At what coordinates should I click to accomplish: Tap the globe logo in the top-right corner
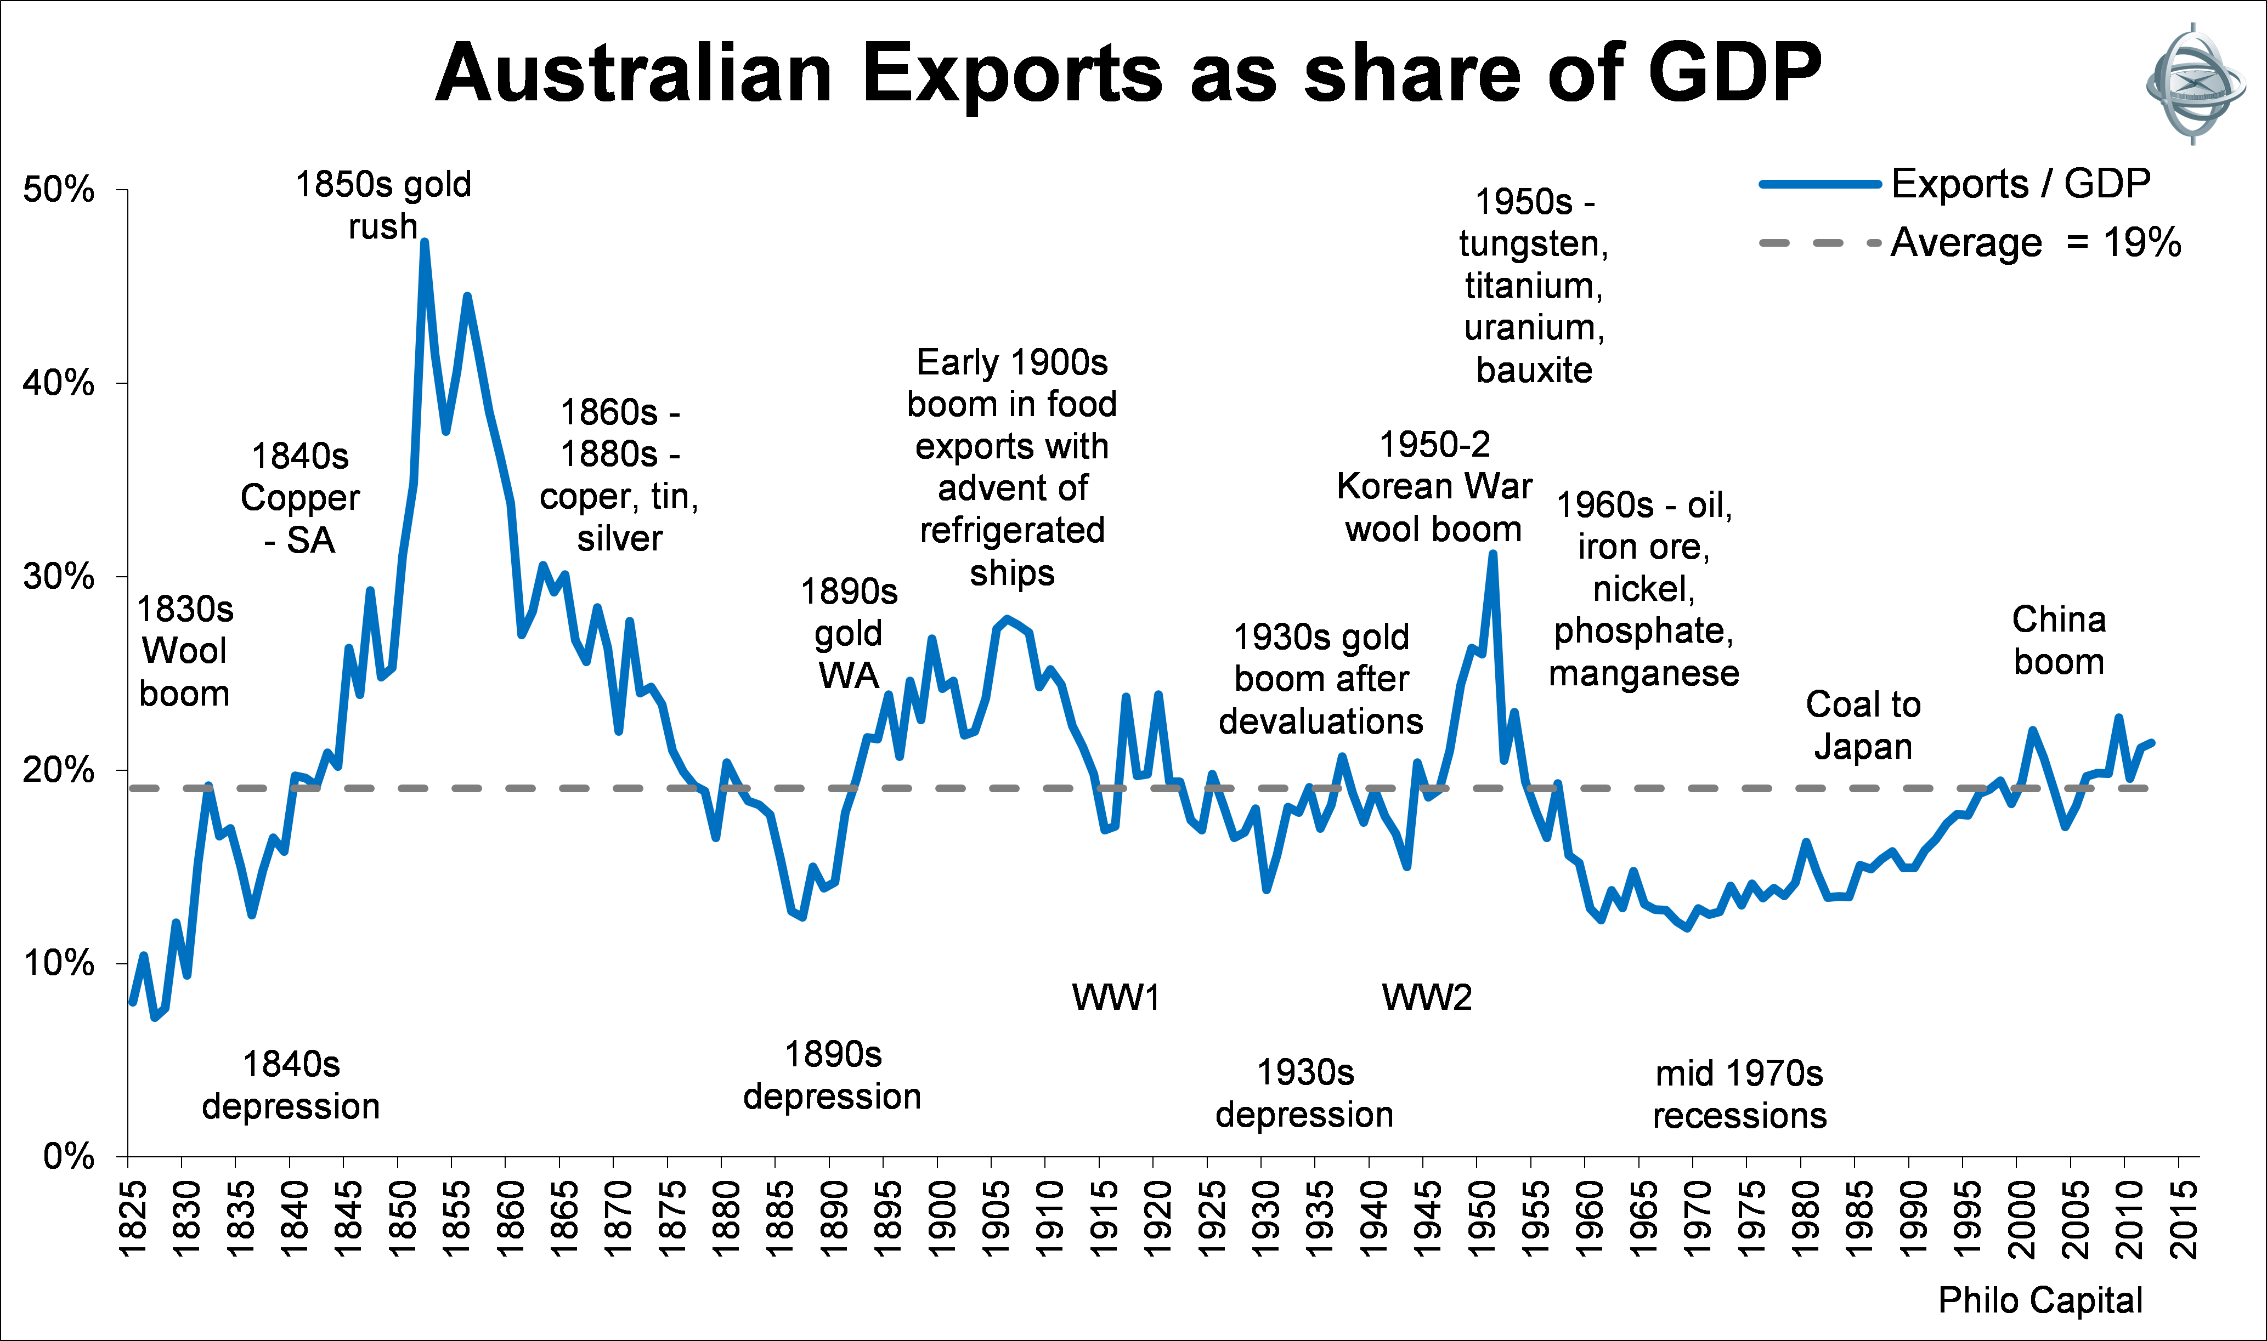[2194, 84]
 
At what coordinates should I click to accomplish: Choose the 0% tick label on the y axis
[69, 1156]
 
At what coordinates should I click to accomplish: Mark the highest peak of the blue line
[424, 242]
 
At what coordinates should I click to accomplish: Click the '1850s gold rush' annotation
[383, 205]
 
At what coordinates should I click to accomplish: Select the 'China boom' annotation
[2058, 641]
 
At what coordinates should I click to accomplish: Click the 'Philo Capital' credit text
[2040, 1300]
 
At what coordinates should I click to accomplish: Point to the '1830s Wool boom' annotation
[184, 651]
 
